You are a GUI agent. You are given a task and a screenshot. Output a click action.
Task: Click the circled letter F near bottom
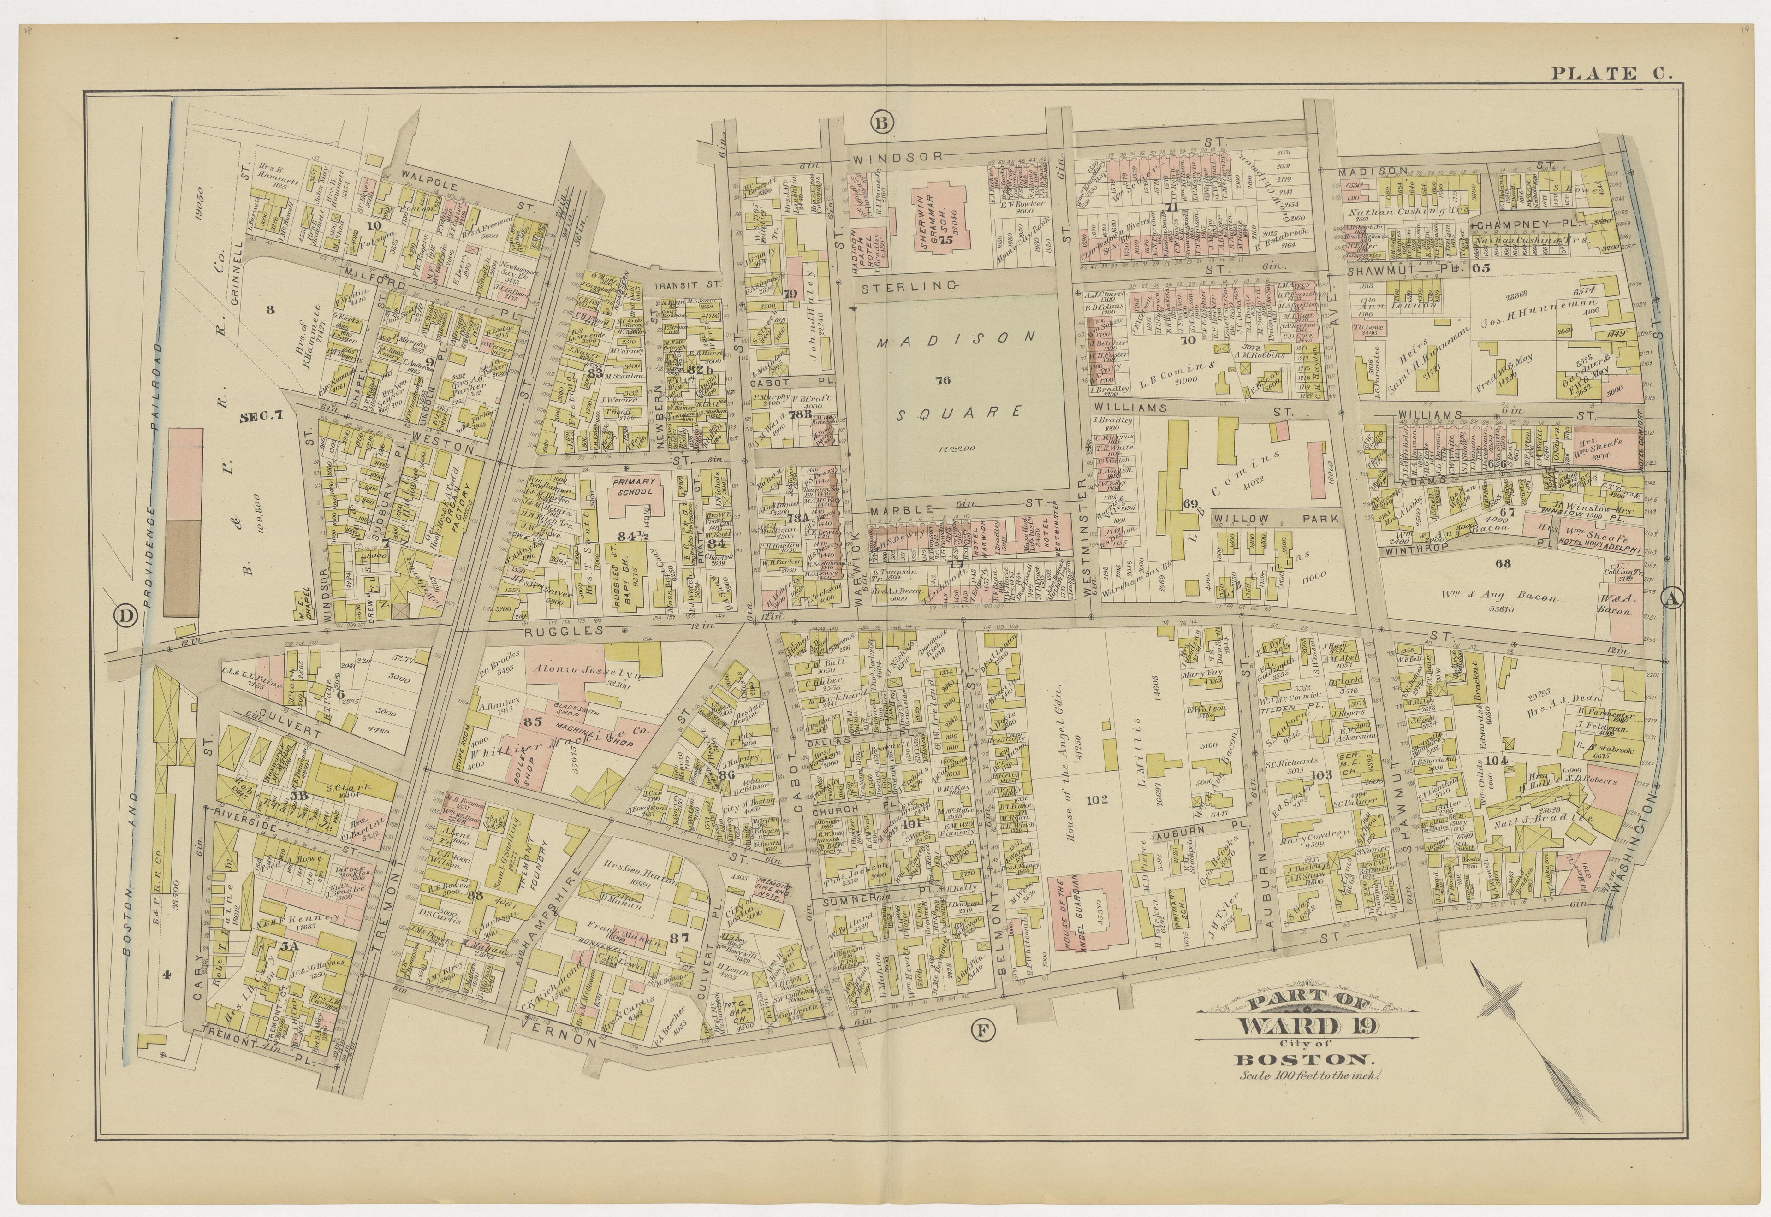[x=982, y=1032]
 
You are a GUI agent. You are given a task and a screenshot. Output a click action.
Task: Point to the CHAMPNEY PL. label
[x=1519, y=226]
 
